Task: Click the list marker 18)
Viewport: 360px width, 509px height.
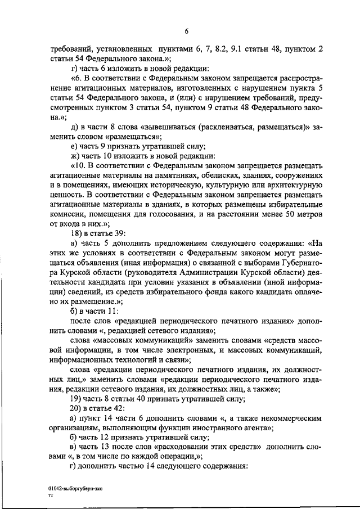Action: pyautogui.click(x=76, y=233)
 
